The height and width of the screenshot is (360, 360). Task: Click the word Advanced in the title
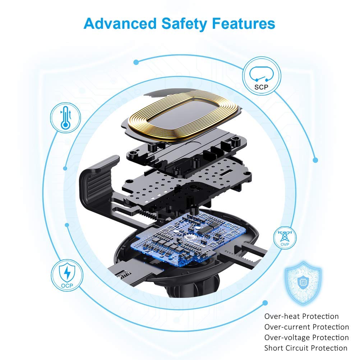120,23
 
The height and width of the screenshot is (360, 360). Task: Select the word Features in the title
243,23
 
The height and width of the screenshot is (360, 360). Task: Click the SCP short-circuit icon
262,76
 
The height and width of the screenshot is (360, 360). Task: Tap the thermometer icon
65,117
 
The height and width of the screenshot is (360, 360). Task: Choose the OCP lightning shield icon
67,276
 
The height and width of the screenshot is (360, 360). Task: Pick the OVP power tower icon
285,237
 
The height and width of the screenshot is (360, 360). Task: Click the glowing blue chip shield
303,283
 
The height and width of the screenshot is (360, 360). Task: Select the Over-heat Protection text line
301,317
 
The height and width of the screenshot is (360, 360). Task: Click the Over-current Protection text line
306,327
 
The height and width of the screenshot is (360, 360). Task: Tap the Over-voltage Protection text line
306,337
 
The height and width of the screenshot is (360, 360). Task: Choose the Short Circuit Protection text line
306,348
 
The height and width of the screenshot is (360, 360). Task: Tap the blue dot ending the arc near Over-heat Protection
265,303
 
